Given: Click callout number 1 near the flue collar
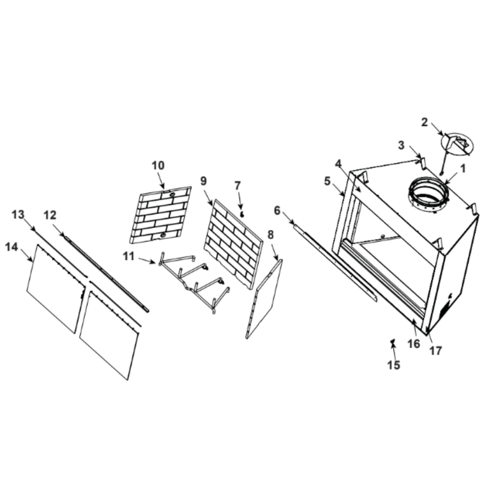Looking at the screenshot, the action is pyautogui.click(x=463, y=169).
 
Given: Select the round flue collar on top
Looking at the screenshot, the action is pyautogui.click(x=429, y=191).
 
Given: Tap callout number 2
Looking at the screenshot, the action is pyautogui.click(x=425, y=123).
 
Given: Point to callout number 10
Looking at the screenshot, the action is pyautogui.click(x=158, y=165).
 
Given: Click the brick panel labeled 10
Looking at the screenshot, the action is pyautogui.click(x=160, y=215).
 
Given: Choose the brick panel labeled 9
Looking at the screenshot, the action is pyautogui.click(x=234, y=245).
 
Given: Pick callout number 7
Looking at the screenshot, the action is pyautogui.click(x=238, y=186).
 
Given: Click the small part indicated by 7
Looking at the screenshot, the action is pyautogui.click(x=243, y=215).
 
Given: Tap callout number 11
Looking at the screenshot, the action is pyautogui.click(x=128, y=256).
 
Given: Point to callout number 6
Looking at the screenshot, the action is pyautogui.click(x=277, y=210).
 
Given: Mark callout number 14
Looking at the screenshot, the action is pyautogui.click(x=11, y=247).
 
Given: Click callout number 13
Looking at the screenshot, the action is pyautogui.click(x=18, y=215).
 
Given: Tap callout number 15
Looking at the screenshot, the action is pyautogui.click(x=393, y=365).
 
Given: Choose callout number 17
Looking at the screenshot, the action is pyautogui.click(x=435, y=351).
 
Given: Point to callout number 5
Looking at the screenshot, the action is pyautogui.click(x=328, y=181).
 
